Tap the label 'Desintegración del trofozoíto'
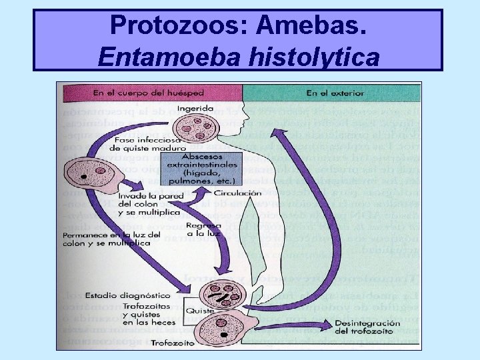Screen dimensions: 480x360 367,327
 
